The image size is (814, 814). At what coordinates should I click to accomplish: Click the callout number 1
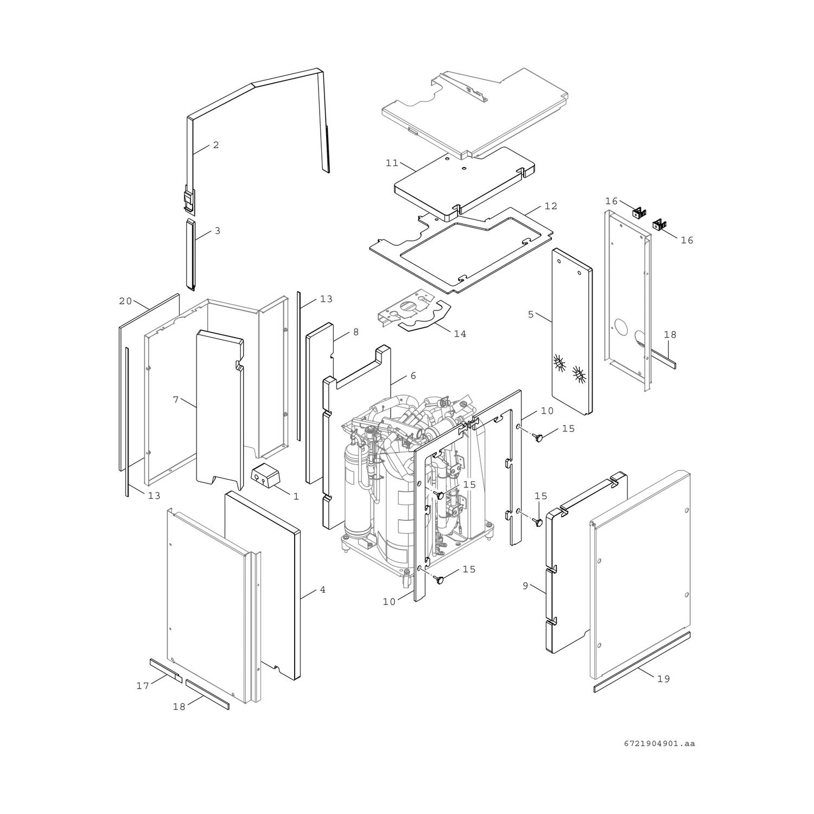tap(296, 497)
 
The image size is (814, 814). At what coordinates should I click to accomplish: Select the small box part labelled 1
tap(265, 476)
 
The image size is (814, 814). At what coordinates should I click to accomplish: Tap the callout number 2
tap(216, 145)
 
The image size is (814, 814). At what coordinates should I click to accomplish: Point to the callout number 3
tap(217, 231)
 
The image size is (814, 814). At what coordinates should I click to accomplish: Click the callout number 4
tap(322, 589)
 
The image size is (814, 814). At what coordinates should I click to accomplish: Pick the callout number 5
tap(531, 314)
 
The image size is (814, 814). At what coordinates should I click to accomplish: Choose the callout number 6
tap(413, 376)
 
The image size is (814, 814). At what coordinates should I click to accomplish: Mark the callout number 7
tap(175, 400)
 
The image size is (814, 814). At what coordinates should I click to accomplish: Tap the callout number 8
tap(355, 332)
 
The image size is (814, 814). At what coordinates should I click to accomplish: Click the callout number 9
tap(525, 586)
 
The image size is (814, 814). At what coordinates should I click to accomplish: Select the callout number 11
tap(392, 163)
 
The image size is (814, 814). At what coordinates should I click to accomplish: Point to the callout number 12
tap(551, 206)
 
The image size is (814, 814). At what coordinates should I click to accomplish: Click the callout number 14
tap(460, 334)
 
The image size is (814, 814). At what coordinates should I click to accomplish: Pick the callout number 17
tap(143, 686)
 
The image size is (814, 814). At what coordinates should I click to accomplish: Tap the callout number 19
tap(663, 679)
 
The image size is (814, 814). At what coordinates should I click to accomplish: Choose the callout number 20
tap(125, 301)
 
